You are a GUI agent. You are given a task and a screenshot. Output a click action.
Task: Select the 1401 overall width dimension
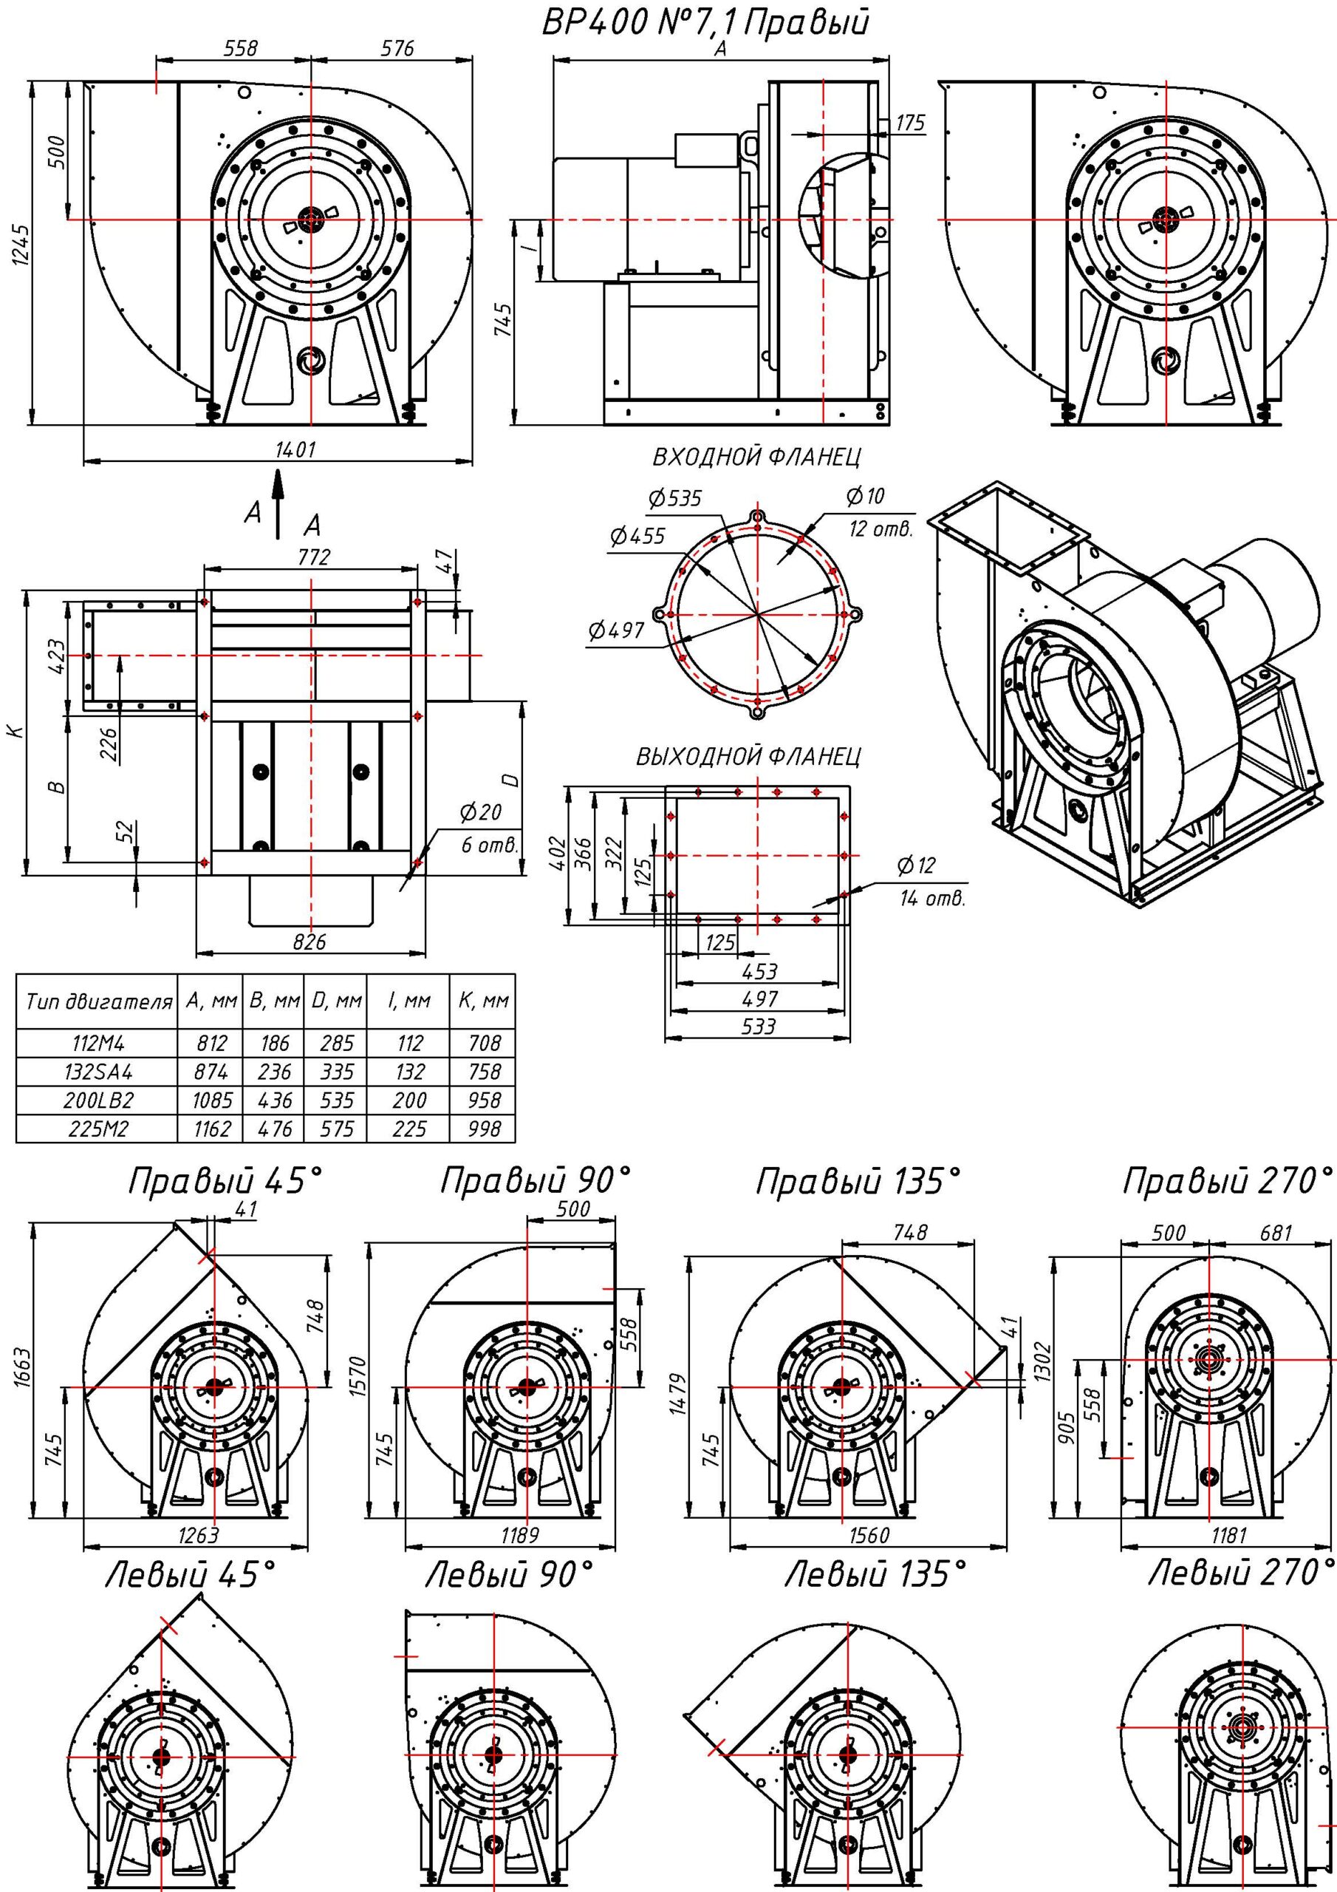click(x=295, y=449)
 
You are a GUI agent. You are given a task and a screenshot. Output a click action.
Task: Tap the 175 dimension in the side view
click(x=909, y=123)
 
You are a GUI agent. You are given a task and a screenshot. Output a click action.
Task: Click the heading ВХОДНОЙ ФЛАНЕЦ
click(x=757, y=456)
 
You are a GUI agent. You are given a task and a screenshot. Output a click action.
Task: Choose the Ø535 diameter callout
click(x=674, y=497)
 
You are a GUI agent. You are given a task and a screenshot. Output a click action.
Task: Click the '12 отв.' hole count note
click(x=880, y=529)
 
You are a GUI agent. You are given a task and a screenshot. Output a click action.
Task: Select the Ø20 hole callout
click(x=480, y=813)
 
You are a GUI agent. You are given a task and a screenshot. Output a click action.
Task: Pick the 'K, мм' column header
click(x=483, y=1002)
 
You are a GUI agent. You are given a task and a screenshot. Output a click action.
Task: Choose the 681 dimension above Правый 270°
click(x=1275, y=1233)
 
